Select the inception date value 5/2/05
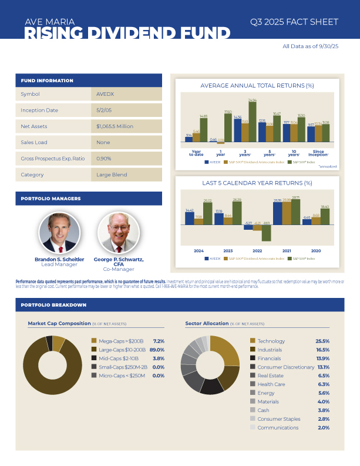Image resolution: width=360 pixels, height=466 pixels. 105,110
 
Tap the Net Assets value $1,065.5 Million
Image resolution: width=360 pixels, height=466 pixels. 115,126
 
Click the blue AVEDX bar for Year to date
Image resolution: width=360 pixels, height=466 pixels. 189,139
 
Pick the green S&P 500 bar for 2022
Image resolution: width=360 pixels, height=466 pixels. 266,233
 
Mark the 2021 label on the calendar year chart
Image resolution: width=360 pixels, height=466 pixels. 286,250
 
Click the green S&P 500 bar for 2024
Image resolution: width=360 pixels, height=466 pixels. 207,213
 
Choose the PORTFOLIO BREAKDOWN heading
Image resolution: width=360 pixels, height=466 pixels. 53,305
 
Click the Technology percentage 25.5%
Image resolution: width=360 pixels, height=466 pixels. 322,341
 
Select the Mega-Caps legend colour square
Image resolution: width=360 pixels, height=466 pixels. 93,341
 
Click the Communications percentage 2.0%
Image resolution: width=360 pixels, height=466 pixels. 323,427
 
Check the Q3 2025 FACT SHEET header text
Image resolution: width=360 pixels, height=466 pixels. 294,22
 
